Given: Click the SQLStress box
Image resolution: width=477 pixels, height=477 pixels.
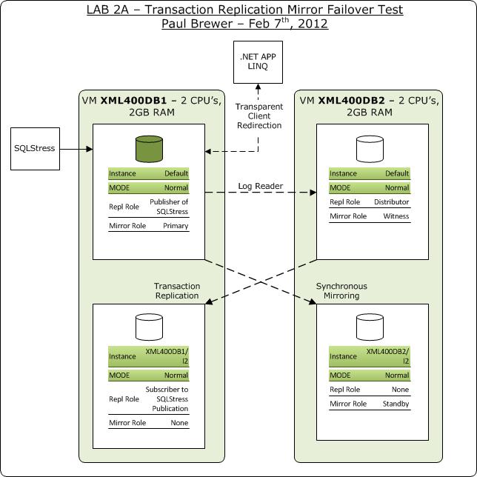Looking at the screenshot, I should (x=35, y=148).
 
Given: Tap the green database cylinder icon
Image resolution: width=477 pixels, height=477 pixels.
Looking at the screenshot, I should (x=148, y=149).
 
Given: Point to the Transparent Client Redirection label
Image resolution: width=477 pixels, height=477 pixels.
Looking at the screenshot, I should (x=259, y=116).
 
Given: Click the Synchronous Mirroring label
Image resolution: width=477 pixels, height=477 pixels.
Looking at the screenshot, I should (x=341, y=291).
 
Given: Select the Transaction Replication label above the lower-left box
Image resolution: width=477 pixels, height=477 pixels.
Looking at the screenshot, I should (x=176, y=291).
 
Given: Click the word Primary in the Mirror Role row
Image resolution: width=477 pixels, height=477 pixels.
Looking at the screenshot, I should (x=176, y=226).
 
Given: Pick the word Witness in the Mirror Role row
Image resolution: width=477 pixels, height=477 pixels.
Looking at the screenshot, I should (x=396, y=216).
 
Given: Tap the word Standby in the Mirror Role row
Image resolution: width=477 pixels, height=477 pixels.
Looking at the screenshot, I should (x=395, y=404).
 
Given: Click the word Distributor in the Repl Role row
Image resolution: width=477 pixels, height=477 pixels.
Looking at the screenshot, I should (x=392, y=201).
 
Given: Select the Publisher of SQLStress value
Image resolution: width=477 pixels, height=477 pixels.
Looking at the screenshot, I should (x=169, y=207).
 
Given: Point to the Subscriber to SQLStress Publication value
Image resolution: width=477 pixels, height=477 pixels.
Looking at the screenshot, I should (x=167, y=399).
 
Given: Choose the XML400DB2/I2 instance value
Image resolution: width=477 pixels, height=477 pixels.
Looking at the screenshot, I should (x=387, y=356).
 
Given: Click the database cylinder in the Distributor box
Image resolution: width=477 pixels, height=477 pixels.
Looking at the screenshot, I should (x=370, y=149).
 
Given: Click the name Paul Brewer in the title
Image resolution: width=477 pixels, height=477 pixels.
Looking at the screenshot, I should (x=193, y=23).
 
